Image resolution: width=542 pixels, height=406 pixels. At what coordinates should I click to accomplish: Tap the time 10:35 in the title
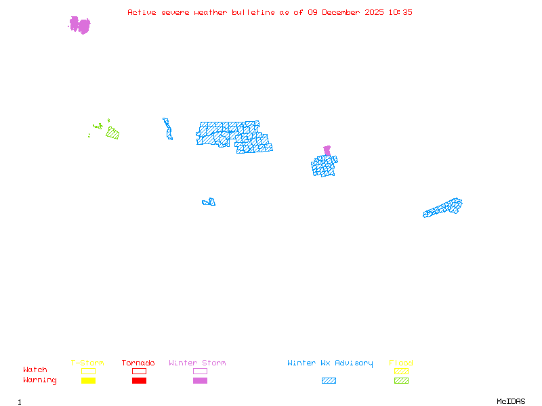pyautogui.click(x=401, y=12)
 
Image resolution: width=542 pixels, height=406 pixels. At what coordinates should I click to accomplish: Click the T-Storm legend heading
pyautogui.click(x=87, y=363)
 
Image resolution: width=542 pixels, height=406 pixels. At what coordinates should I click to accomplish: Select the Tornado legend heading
pyautogui.click(x=138, y=363)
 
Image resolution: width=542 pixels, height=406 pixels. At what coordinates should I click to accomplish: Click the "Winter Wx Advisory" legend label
pyautogui.click(x=330, y=363)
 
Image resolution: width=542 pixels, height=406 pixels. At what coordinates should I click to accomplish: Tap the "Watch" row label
pyautogui.click(x=35, y=370)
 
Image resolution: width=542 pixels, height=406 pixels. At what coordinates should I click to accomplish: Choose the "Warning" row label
pyautogui.click(x=40, y=380)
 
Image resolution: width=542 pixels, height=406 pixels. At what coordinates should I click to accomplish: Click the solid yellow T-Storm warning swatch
pyautogui.click(x=88, y=381)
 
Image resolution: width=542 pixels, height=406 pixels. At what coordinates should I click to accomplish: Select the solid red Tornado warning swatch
pyautogui.click(x=139, y=381)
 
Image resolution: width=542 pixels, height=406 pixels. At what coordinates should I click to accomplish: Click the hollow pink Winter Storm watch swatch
pyautogui.click(x=200, y=371)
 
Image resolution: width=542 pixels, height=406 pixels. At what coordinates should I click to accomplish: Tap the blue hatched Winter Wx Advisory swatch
pyautogui.click(x=329, y=381)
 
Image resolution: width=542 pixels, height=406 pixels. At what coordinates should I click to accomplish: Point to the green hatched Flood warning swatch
pyautogui.click(x=401, y=381)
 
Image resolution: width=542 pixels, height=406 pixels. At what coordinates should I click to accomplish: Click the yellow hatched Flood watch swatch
pyautogui.click(x=401, y=371)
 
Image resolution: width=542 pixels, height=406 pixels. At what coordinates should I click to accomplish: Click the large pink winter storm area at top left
pyautogui.click(x=80, y=26)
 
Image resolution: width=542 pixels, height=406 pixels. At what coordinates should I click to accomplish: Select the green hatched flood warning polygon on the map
pyautogui.click(x=112, y=133)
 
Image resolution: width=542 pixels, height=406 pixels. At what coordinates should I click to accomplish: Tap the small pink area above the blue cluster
pyautogui.click(x=327, y=150)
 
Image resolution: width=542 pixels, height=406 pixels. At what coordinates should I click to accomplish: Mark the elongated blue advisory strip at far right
pyautogui.click(x=444, y=207)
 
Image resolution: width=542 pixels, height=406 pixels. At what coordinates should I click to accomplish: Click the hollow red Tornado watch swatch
pyautogui.click(x=139, y=371)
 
